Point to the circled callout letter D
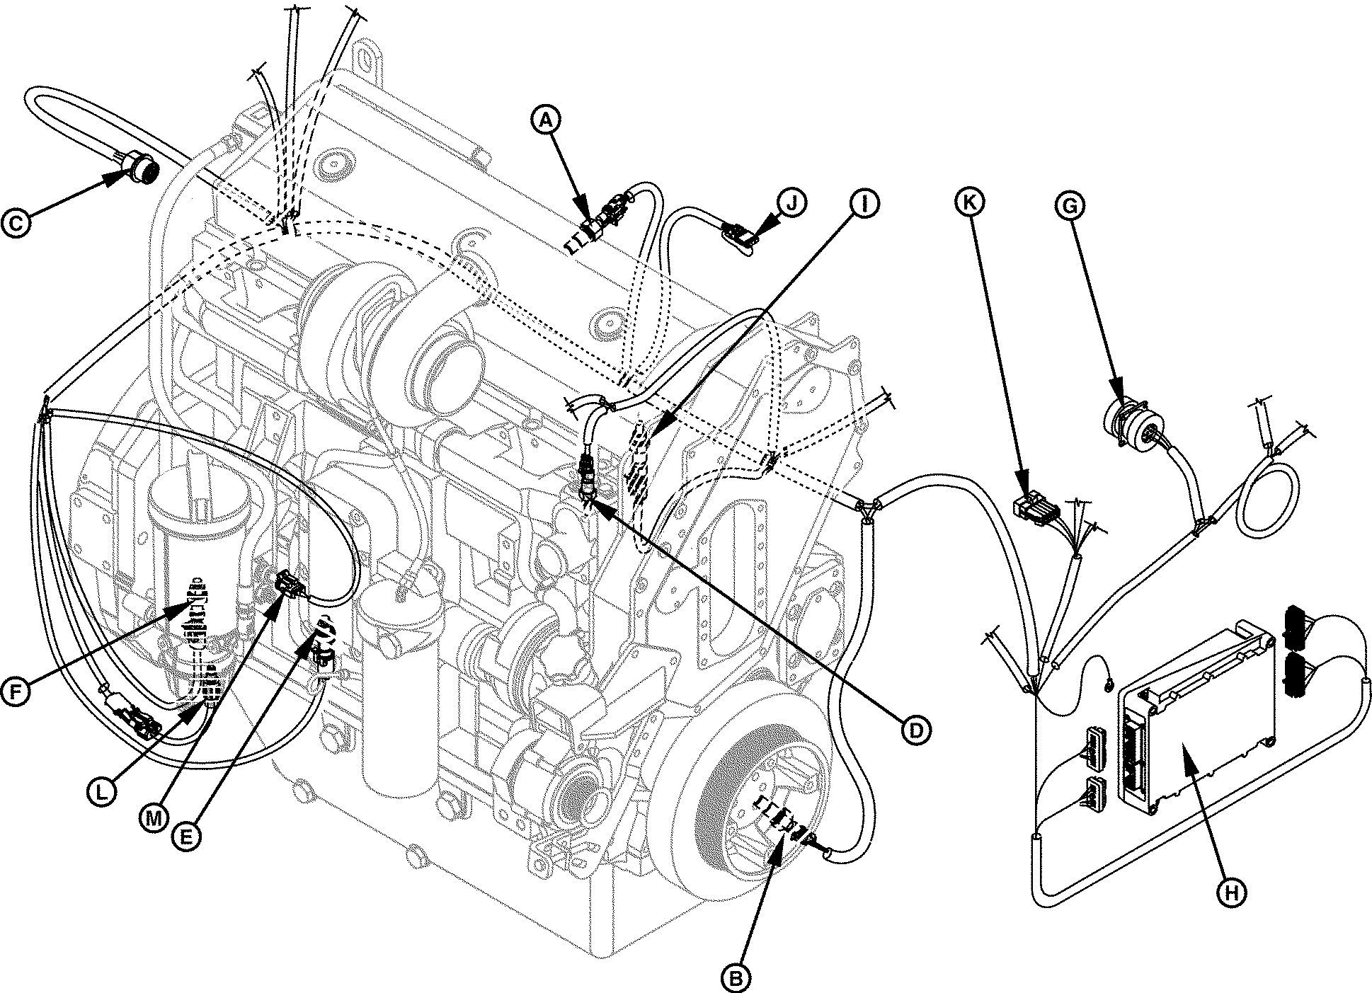[915, 730]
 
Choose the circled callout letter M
[152, 817]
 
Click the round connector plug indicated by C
[135, 170]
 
